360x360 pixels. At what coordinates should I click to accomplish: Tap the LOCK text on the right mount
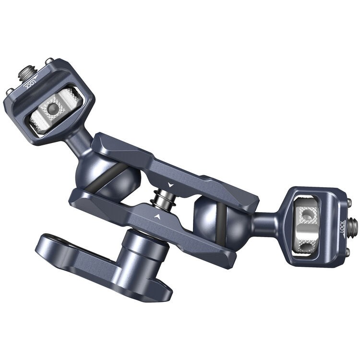coord(342,226)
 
